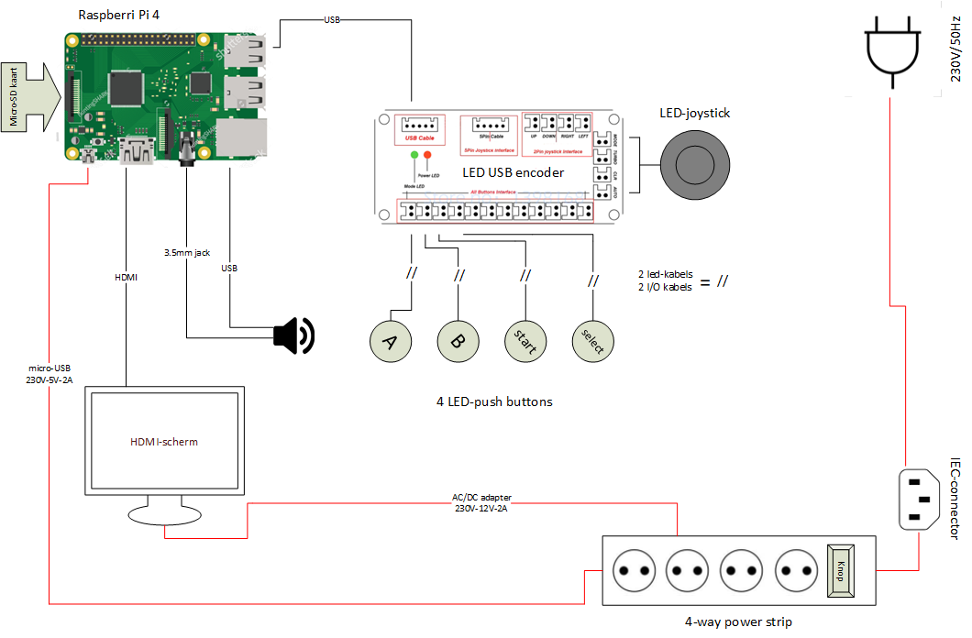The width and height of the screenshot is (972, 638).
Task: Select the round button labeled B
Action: (x=458, y=341)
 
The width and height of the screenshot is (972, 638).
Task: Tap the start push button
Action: (x=525, y=341)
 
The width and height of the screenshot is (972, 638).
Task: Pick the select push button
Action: (x=592, y=341)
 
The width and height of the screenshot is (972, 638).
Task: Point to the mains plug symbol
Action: (x=890, y=51)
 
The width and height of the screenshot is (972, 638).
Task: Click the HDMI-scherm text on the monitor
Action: (x=164, y=442)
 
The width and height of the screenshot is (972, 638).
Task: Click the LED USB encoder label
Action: (x=514, y=172)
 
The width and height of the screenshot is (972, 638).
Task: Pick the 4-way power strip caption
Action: (x=738, y=621)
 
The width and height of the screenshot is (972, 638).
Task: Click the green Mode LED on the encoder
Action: (x=414, y=155)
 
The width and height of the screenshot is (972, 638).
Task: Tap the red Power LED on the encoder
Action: (x=426, y=155)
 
